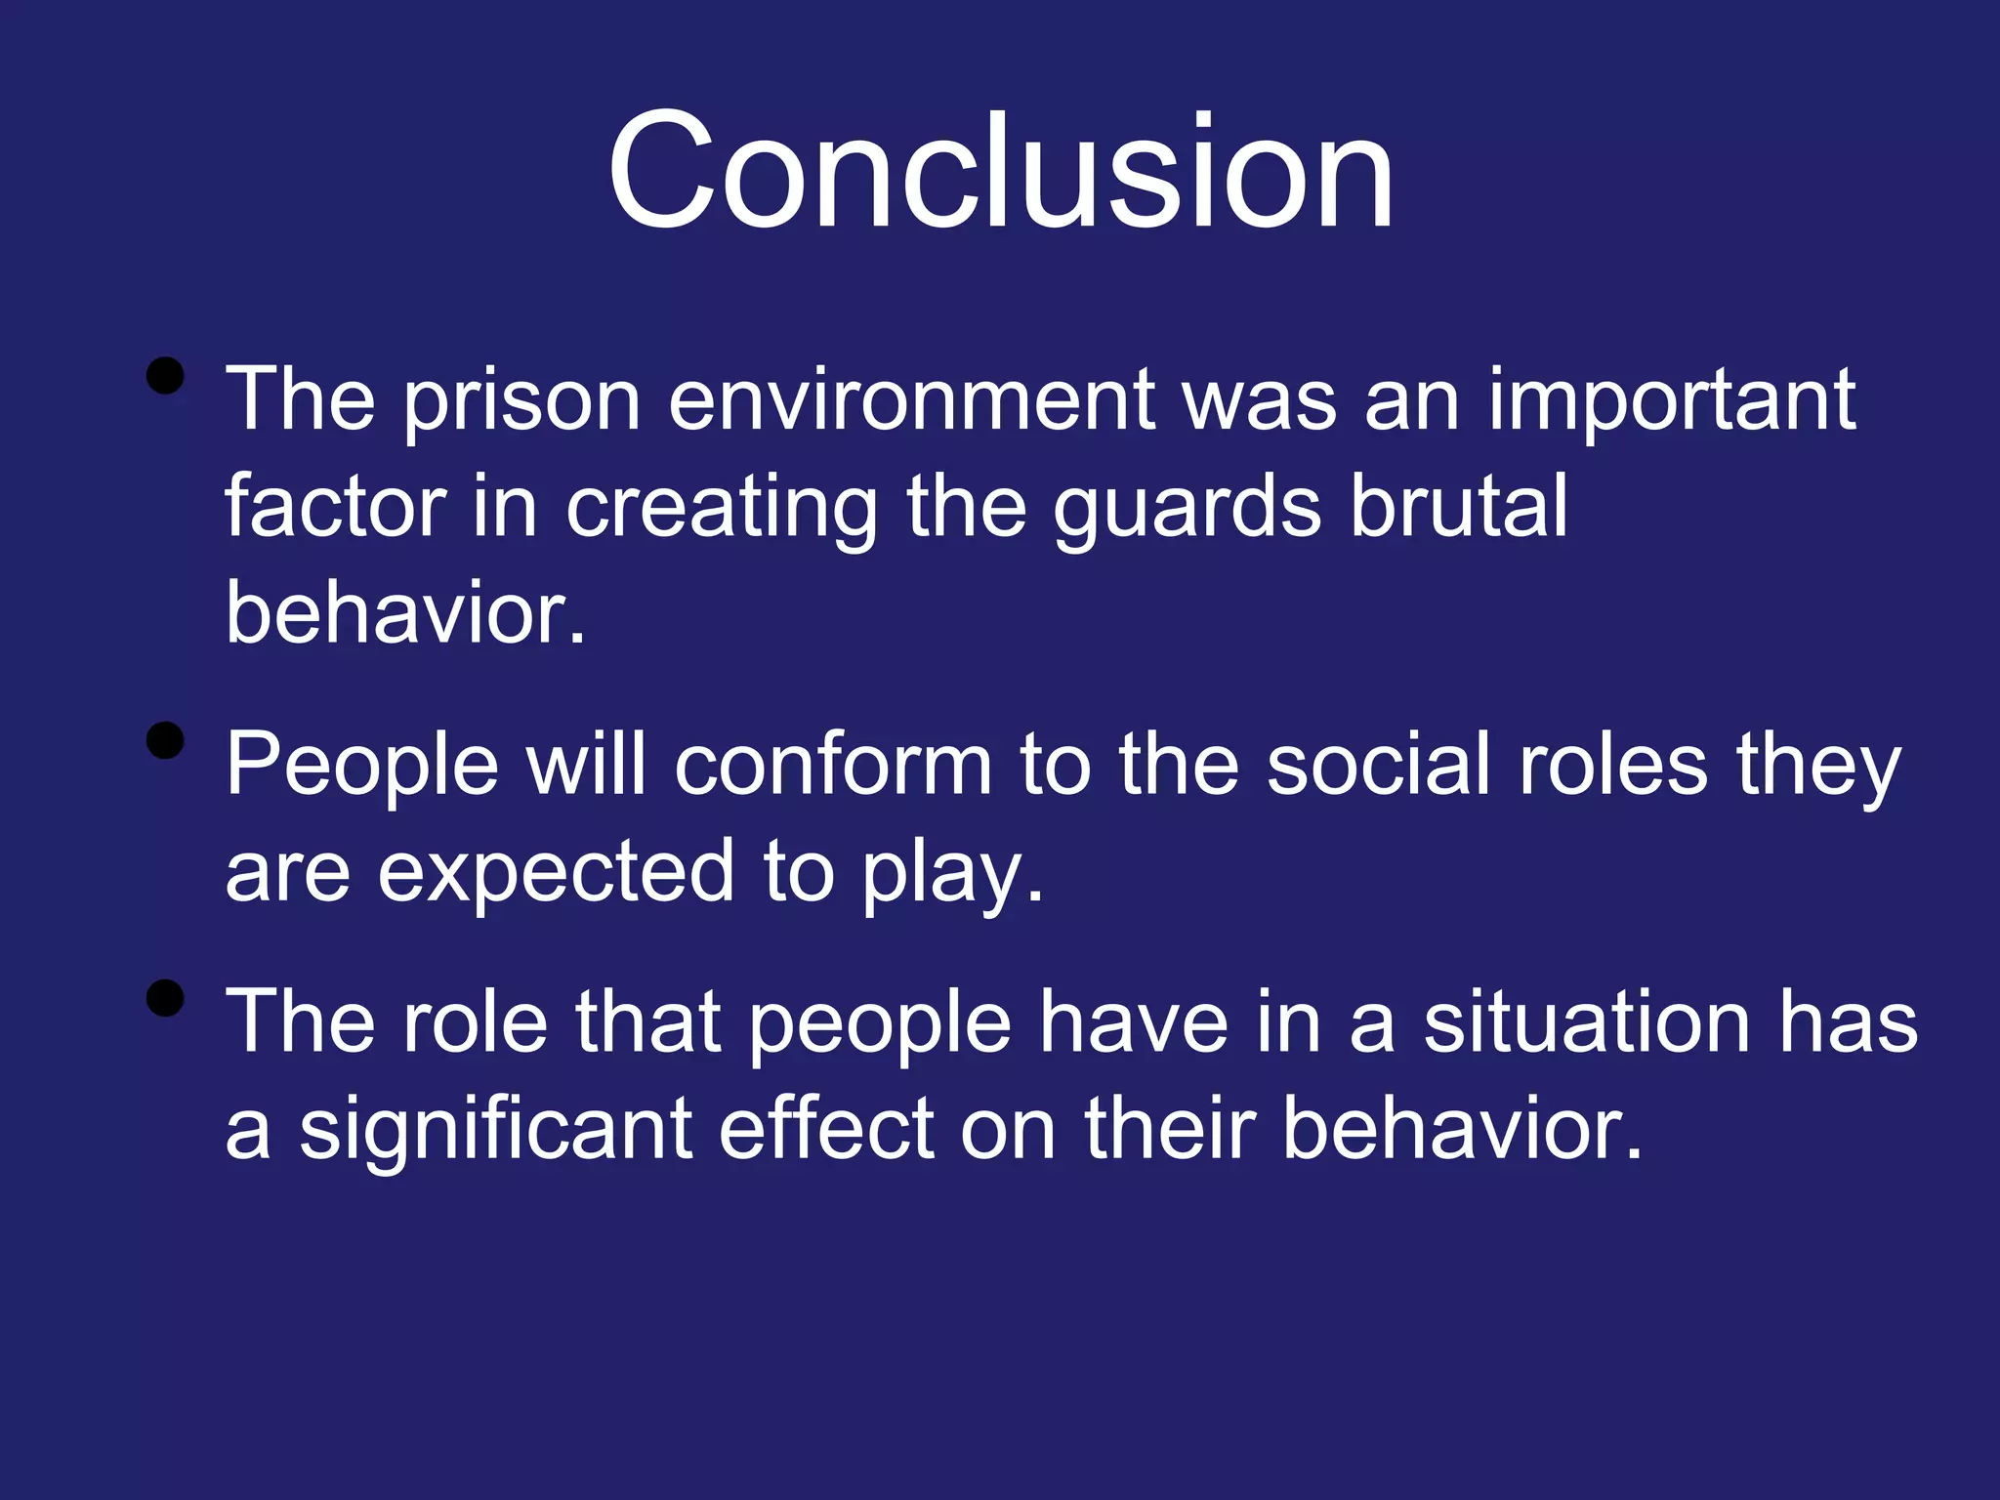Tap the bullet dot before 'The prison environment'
pyautogui.click(x=165, y=375)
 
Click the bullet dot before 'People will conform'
pyautogui.click(x=165, y=740)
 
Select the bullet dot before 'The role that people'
pyautogui.click(x=165, y=998)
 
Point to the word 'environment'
pyautogui.click(x=912, y=400)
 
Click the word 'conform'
pyautogui.click(x=833, y=765)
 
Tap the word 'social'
pyautogui.click(x=1378, y=765)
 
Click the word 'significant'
pyautogui.click(x=496, y=1131)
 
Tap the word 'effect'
pyautogui.click(x=827, y=1129)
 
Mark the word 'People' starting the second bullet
pyautogui.click(x=362, y=767)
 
